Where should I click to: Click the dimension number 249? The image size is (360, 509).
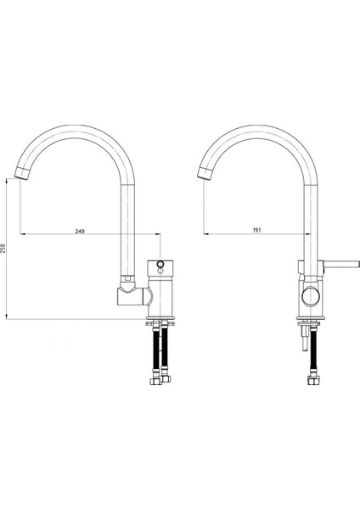pyautogui.click(x=80, y=231)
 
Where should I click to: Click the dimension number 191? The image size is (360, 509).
pyautogui.click(x=256, y=230)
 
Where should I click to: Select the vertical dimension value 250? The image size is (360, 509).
pyautogui.click(x=3, y=249)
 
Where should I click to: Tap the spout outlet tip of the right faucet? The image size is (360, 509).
pyautogui.click(x=205, y=173)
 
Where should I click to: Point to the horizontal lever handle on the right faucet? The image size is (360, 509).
pyautogui.click(x=341, y=265)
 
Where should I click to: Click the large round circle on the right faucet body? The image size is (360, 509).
pyautogui.click(x=311, y=296)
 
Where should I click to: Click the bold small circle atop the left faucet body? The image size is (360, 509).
pyautogui.click(x=160, y=264)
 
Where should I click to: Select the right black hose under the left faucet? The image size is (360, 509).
pyautogui.click(x=165, y=348)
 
